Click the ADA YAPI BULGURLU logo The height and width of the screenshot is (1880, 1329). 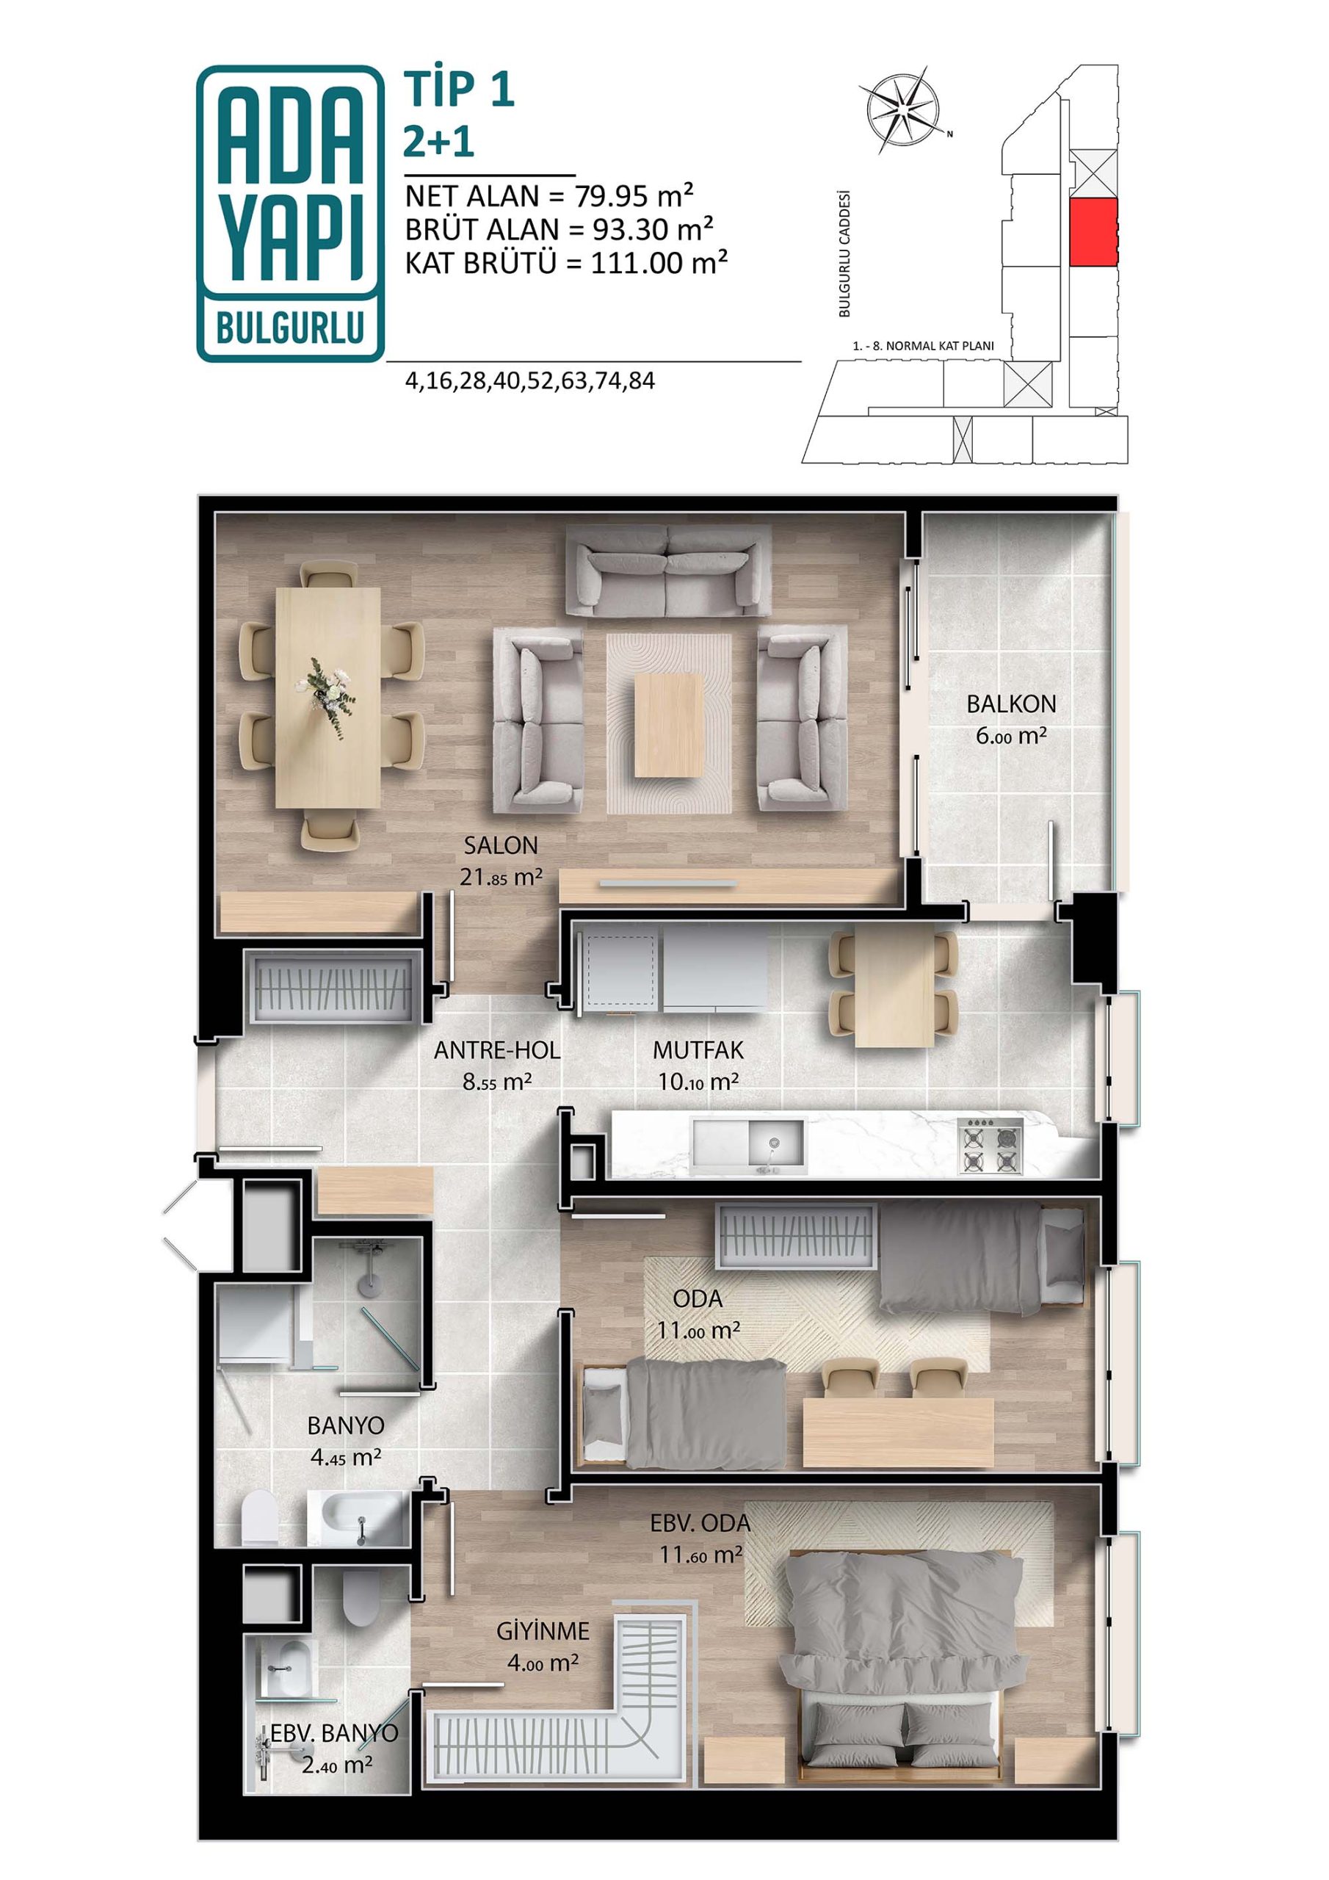tap(290, 213)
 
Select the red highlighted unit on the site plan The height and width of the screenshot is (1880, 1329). tap(1094, 232)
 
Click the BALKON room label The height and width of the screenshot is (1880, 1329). tap(1011, 704)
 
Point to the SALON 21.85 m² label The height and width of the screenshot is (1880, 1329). tap(501, 861)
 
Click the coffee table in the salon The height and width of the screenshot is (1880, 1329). tap(668, 724)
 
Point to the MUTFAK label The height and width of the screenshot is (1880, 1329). tap(698, 1049)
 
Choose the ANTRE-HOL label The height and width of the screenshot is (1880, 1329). tap(497, 1049)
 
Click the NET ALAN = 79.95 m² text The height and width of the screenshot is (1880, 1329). tap(549, 197)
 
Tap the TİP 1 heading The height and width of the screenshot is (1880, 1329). tap(460, 90)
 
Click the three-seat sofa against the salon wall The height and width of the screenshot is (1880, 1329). tap(669, 570)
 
